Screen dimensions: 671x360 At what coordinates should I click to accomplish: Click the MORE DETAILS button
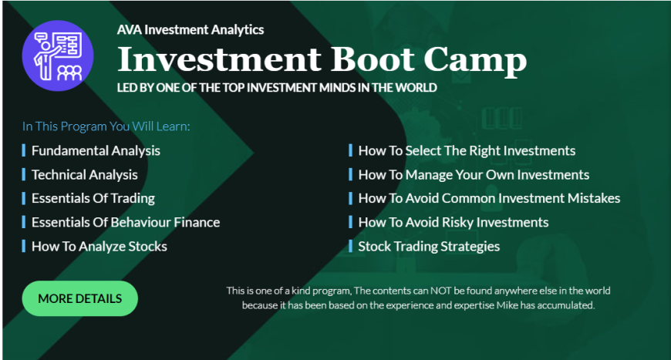coord(80,298)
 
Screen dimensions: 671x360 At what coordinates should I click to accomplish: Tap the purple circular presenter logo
coord(58,56)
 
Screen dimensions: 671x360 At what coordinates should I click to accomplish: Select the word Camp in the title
coord(475,62)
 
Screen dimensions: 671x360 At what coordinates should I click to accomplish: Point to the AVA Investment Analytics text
coord(191,30)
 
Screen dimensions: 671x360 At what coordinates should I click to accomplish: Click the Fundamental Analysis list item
coord(96,150)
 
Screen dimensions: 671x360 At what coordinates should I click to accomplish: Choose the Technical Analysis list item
coord(85,174)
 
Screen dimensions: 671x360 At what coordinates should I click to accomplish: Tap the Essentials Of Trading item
coord(93,198)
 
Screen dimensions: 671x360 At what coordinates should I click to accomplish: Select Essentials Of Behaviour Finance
coord(126,222)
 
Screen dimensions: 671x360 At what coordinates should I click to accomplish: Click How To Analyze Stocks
coord(99,246)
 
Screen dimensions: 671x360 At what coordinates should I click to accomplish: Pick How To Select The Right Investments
coord(467,150)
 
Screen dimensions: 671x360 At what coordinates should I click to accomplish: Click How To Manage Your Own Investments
coord(474,174)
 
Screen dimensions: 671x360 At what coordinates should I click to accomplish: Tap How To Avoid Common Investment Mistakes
coord(489,198)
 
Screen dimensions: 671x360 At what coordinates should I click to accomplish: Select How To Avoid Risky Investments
coord(454,222)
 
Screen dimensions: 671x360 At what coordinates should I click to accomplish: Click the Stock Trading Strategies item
coord(429,246)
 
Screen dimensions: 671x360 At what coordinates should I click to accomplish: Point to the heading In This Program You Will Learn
coord(106,126)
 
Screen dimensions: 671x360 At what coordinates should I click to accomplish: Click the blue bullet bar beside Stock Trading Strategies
coord(350,246)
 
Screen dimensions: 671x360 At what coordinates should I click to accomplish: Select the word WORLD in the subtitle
coord(416,88)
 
